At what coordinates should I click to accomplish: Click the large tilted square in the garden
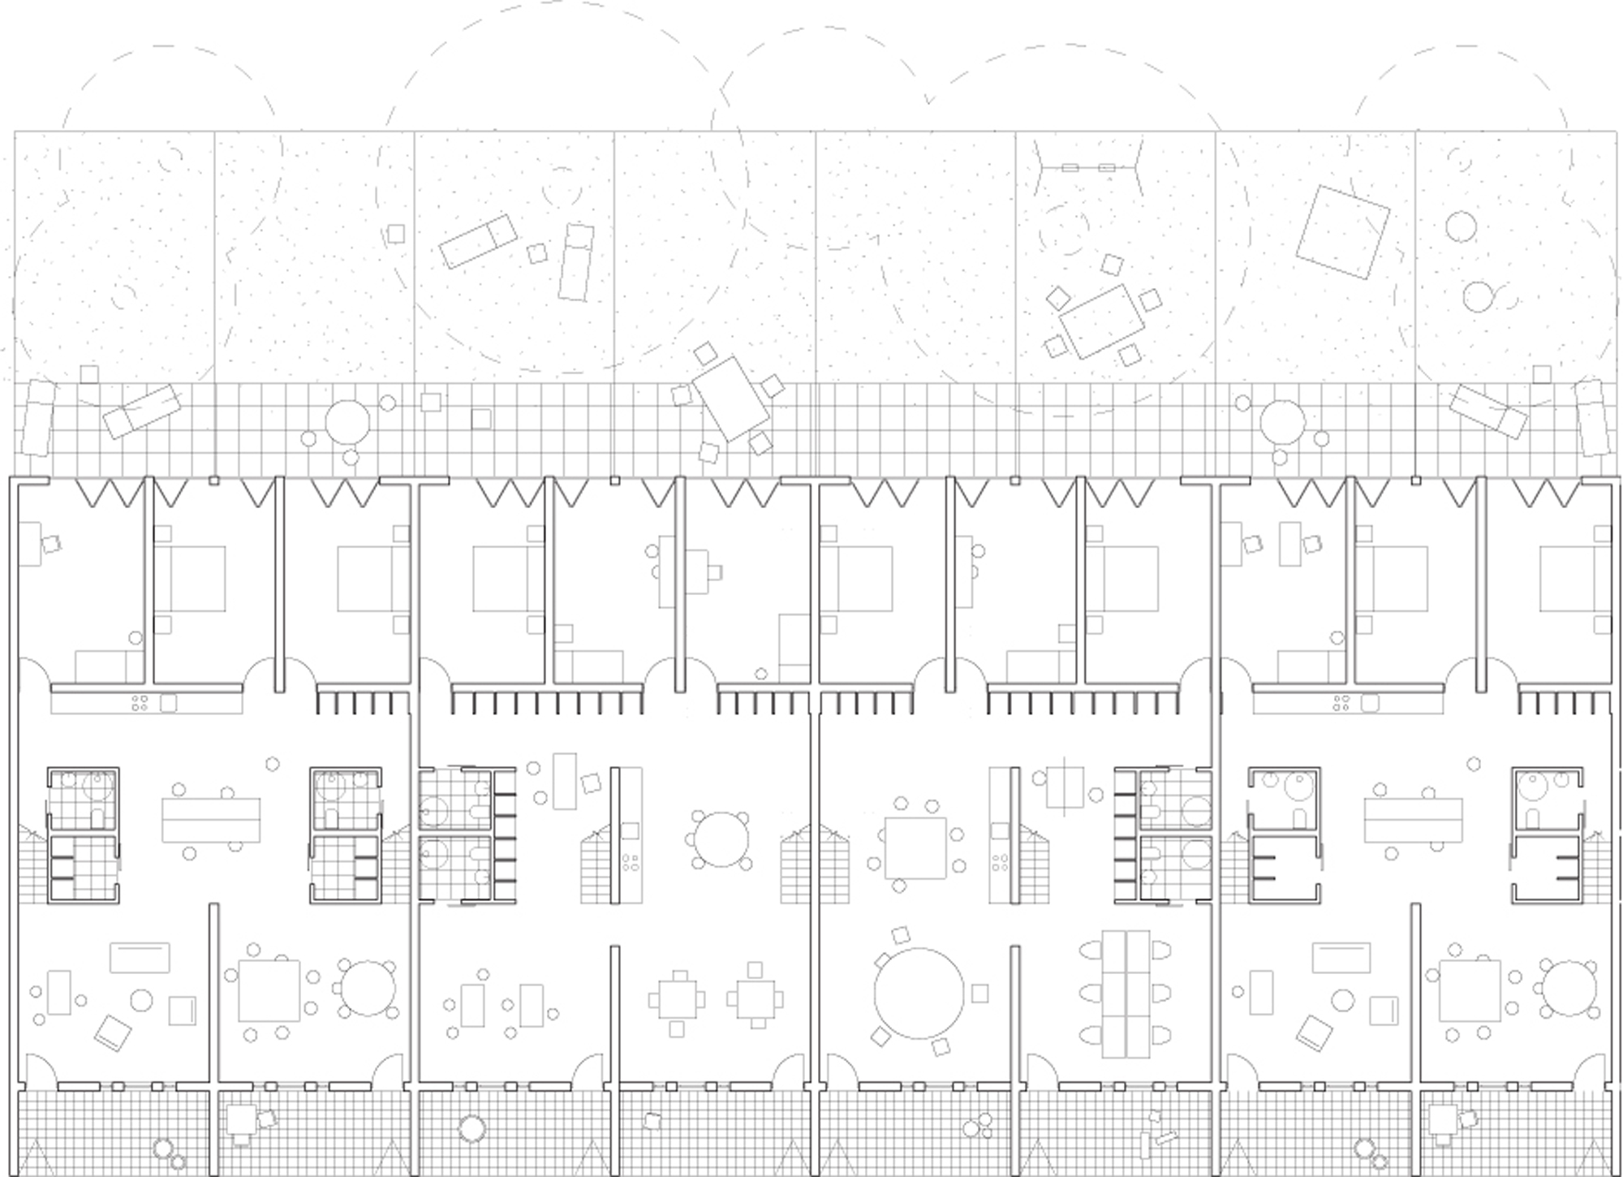click(1343, 231)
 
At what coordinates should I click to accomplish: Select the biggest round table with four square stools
click(919, 993)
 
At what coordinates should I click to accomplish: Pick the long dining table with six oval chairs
click(1126, 994)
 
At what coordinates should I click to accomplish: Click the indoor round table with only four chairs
click(721, 839)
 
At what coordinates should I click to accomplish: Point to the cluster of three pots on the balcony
click(976, 1127)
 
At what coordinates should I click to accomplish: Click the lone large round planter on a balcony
click(471, 1128)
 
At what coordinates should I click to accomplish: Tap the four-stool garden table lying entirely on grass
click(1101, 320)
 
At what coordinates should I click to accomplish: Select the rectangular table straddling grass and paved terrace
click(730, 399)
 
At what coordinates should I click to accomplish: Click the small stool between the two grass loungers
click(536, 253)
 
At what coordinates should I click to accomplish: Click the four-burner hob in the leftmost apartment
click(140, 703)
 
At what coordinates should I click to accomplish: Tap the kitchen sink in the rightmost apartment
click(1370, 703)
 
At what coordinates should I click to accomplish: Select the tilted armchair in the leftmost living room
click(113, 1033)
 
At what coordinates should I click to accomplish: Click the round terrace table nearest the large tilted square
click(1283, 422)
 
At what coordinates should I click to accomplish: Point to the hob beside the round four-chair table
click(630, 863)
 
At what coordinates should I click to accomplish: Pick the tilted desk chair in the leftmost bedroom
click(52, 545)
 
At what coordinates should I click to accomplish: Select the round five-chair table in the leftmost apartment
click(368, 988)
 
